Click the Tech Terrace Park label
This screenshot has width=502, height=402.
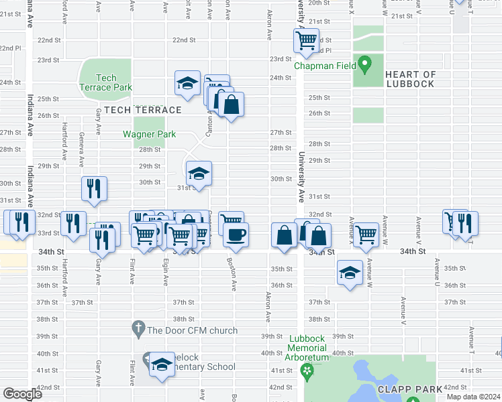pos(105,82)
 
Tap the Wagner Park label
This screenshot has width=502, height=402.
pos(149,134)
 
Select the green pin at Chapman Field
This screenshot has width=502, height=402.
pos(365,65)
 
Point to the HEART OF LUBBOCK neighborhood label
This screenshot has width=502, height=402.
pos(411,79)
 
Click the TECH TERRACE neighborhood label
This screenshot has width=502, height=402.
pos(142,110)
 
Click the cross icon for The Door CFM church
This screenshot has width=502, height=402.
pos(138,330)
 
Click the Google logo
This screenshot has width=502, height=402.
pos(22,394)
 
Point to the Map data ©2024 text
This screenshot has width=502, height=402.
pos(473,397)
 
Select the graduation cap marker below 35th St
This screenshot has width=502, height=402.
pos(349,273)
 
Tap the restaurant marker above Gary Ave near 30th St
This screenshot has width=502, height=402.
pos(94,188)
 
